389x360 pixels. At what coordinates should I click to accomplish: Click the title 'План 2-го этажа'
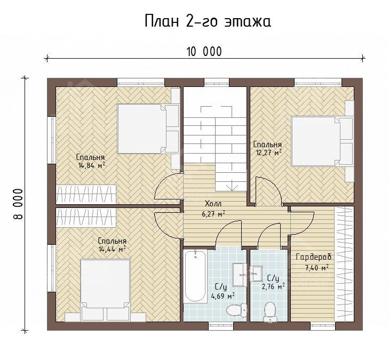pyautogui.click(x=208, y=21)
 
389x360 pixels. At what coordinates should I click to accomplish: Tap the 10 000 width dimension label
pyautogui.click(x=204, y=52)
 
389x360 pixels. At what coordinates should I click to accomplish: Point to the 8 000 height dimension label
pyautogui.click(x=18, y=204)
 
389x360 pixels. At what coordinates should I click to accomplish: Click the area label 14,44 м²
pyautogui.click(x=113, y=249)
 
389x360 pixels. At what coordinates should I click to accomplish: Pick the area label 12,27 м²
pyautogui.click(x=269, y=152)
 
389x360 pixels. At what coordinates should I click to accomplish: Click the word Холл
pyautogui.click(x=213, y=204)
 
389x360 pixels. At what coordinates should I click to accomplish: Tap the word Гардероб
pyautogui.click(x=314, y=257)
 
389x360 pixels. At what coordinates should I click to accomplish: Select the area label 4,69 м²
pyautogui.click(x=223, y=296)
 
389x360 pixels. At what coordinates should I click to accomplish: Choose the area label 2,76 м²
pyautogui.click(x=273, y=286)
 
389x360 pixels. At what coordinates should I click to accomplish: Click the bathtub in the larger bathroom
pyautogui.click(x=195, y=276)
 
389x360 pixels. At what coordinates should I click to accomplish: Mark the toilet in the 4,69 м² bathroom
pyautogui.click(x=237, y=310)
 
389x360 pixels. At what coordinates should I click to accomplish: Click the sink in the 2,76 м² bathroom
pyautogui.click(x=256, y=274)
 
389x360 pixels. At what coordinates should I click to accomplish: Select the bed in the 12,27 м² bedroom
pyautogui.click(x=322, y=141)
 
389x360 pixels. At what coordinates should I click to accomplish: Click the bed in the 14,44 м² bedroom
pyautogui.click(x=106, y=290)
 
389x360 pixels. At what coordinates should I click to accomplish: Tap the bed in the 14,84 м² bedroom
pyautogui.click(x=148, y=129)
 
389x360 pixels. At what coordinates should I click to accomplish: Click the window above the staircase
pyautogui.click(x=217, y=82)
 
